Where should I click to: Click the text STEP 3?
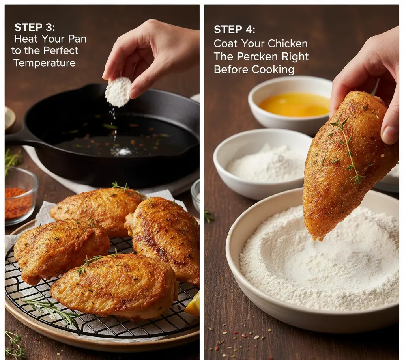tap(35, 27)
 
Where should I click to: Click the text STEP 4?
tap(234, 29)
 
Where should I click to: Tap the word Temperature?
tap(45, 63)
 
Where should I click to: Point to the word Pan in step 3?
tap(77, 39)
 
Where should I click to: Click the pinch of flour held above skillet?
tap(118, 91)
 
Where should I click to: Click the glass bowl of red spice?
tap(19, 196)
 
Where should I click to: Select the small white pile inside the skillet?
tap(123, 152)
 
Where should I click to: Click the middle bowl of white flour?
tap(263, 164)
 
